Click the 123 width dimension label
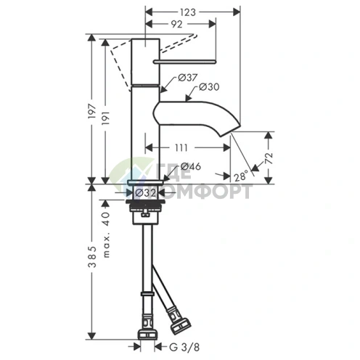188,12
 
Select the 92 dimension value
177,24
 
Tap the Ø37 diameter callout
188,78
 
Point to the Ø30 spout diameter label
209,87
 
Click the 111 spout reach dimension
181,147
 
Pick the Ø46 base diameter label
191,166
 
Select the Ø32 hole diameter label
145,193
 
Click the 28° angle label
241,176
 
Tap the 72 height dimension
269,158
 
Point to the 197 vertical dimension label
92,111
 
